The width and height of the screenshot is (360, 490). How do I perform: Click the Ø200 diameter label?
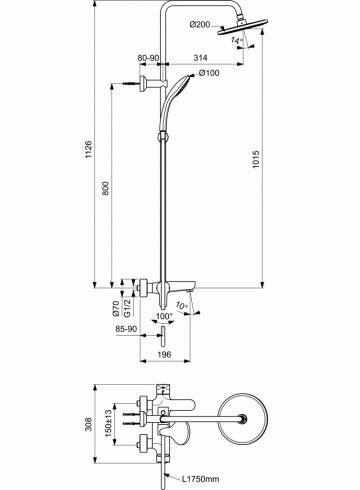click(x=200, y=24)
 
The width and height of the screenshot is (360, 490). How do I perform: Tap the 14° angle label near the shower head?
click(x=236, y=41)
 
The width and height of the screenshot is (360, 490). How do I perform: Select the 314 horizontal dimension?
click(x=200, y=58)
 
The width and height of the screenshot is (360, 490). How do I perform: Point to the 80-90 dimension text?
click(x=148, y=58)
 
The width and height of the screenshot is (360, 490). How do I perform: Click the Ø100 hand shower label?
click(x=209, y=73)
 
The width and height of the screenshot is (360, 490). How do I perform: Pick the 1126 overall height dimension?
click(x=88, y=149)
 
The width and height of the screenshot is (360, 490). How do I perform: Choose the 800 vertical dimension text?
click(x=106, y=188)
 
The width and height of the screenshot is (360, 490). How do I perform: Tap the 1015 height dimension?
click(x=256, y=159)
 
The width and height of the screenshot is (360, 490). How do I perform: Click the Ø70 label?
click(x=116, y=308)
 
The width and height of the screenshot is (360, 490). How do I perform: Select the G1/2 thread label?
click(x=127, y=308)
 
